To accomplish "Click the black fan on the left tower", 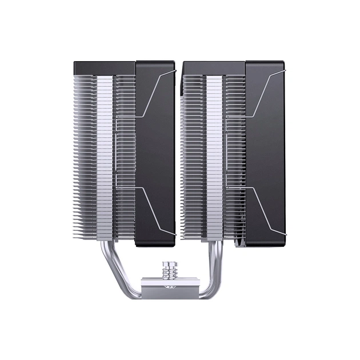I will pos(155,154).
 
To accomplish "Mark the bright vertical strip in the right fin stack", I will pos(213,154).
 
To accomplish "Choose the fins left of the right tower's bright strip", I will pos(193,154).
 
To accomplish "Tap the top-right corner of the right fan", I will pos(282,62).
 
